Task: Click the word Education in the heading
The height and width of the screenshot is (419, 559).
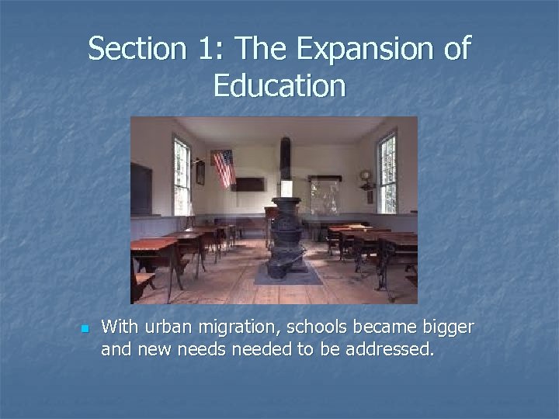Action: (279, 85)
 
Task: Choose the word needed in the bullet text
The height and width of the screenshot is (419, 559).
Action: (253, 350)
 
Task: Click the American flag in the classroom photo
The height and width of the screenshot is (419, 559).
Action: (223, 168)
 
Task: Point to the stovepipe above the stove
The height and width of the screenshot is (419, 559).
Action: (286, 167)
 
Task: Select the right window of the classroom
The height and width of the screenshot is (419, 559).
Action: (386, 171)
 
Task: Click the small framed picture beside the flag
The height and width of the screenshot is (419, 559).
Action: (200, 172)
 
